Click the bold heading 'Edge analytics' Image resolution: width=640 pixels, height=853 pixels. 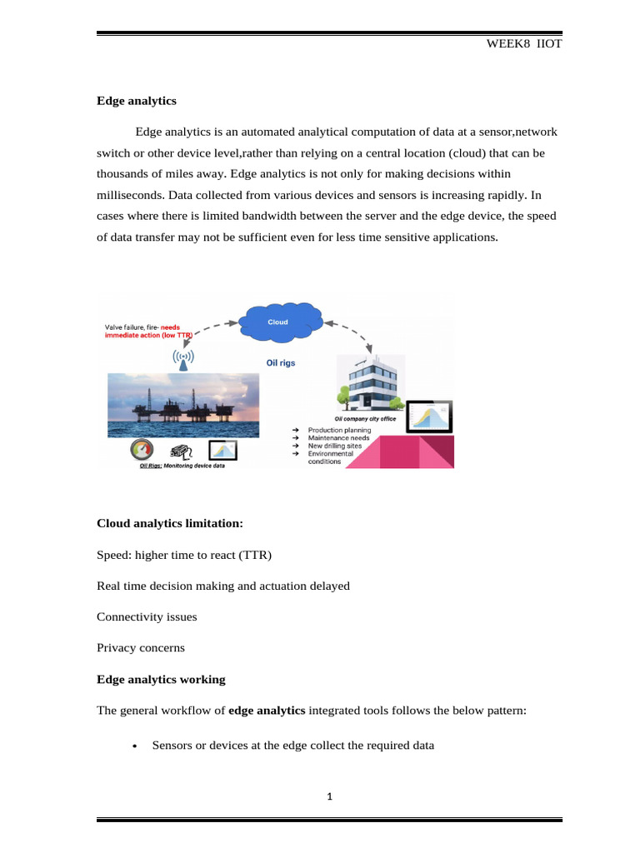137,101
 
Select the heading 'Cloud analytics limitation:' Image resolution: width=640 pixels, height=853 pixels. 170,523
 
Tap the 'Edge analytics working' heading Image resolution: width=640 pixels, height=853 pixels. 161,679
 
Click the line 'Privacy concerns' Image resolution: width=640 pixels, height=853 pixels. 141,647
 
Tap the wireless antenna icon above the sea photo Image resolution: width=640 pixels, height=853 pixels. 183,359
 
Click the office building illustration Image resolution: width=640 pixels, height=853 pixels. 366,384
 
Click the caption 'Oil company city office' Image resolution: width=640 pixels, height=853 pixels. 365,419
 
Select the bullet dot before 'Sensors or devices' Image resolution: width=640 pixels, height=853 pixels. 135,746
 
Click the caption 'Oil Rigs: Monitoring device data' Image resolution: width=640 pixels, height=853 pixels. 181,466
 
